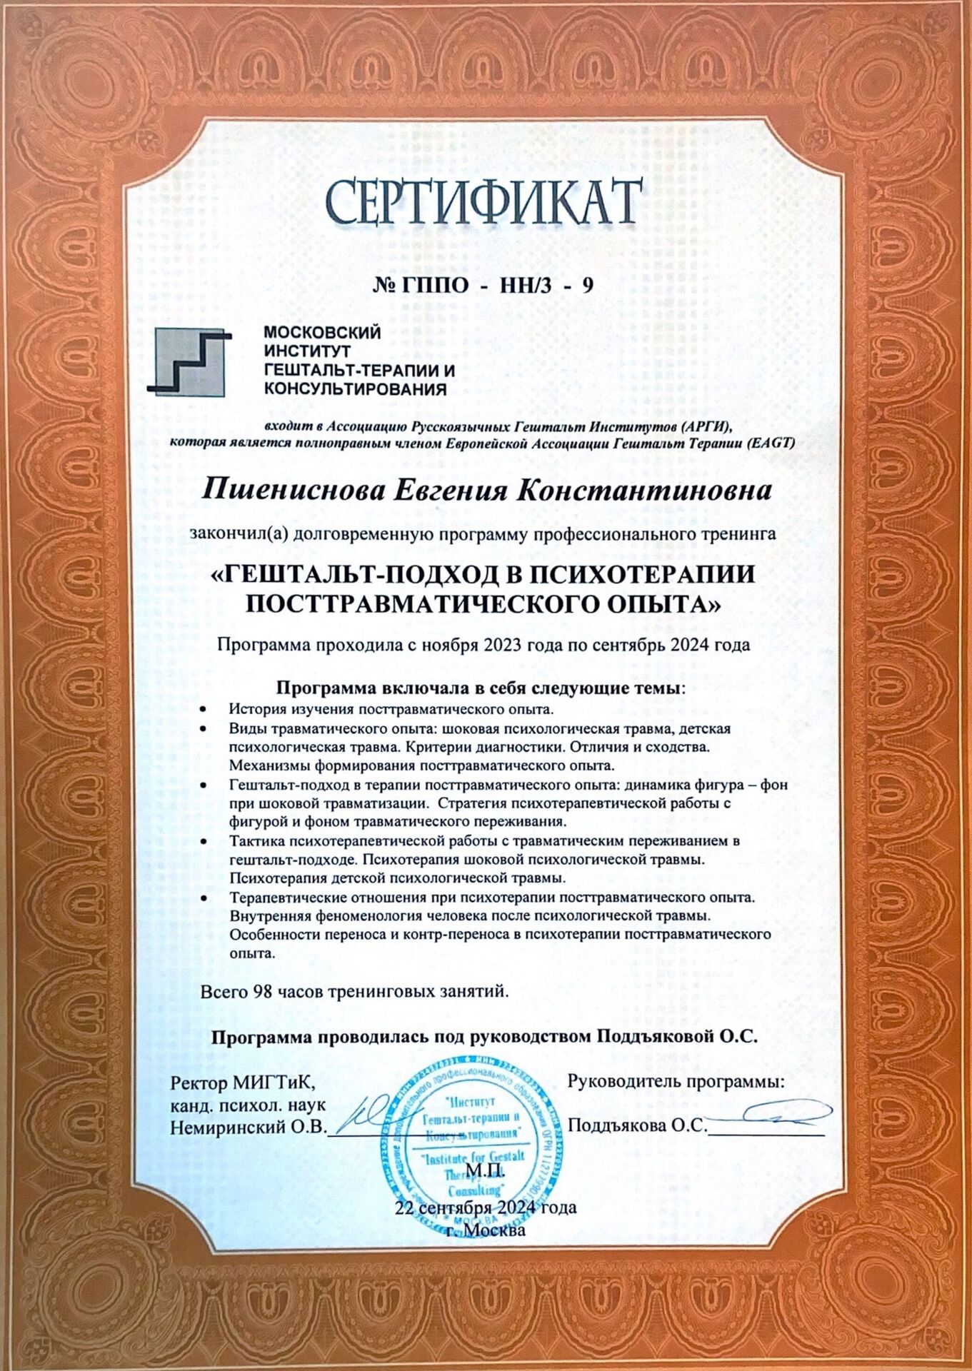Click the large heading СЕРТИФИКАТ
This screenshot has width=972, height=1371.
pos(482,202)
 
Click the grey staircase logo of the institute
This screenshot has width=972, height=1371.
pos(189,361)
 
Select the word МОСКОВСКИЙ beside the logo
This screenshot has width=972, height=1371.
pos(322,333)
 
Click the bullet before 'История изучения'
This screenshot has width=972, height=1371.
pos(204,710)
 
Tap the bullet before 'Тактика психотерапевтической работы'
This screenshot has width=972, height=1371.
pos(204,841)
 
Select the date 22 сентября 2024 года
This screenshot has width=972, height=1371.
pos(485,1208)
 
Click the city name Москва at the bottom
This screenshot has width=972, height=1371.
pos(494,1230)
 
